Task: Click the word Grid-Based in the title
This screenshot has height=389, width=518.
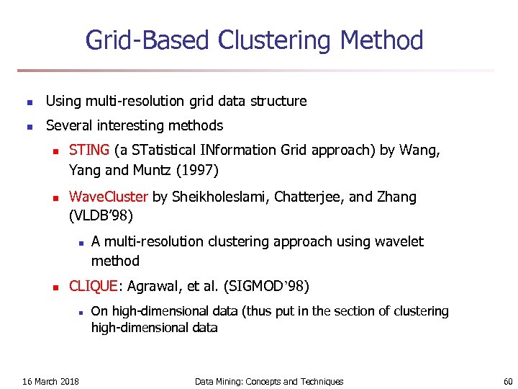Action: (148, 40)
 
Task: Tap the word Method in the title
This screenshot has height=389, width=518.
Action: (382, 40)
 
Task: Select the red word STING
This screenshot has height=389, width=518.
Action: (89, 151)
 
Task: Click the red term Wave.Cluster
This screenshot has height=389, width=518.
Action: (109, 197)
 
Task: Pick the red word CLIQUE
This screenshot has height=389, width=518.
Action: (93, 286)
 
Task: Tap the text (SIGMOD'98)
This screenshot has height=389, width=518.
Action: (267, 286)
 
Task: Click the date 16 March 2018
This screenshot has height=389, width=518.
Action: (51, 381)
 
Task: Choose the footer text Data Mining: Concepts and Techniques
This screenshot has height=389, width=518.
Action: (269, 381)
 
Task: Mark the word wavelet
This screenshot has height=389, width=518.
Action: (399, 241)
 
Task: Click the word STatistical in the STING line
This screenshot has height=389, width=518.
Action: (162, 151)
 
